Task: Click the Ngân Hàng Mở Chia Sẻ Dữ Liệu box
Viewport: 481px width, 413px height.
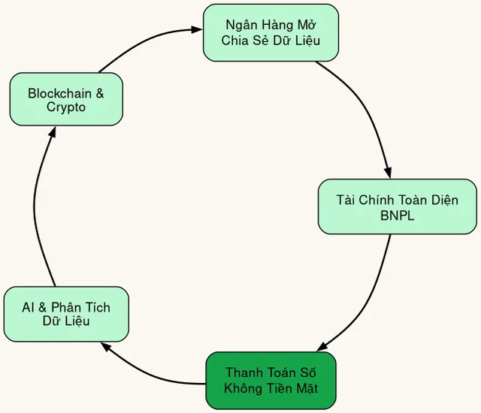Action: (271, 32)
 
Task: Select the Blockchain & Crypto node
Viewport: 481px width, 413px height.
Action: (66, 99)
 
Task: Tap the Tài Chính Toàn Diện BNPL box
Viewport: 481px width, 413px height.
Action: (397, 206)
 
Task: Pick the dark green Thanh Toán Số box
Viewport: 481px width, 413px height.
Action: (271, 380)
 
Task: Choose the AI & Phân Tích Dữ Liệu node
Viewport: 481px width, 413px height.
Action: (66, 314)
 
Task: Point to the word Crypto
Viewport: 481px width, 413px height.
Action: (66, 107)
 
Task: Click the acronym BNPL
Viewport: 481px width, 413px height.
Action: (398, 215)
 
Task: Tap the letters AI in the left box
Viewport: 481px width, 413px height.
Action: (29, 308)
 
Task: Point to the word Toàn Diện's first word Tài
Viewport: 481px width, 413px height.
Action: (347, 200)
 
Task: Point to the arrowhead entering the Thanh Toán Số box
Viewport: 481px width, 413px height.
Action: (322, 348)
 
